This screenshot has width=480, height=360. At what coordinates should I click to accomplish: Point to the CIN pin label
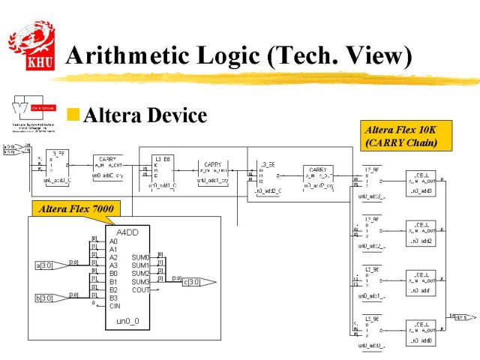point(114,305)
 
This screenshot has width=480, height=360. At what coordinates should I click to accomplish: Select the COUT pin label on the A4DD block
point(140,289)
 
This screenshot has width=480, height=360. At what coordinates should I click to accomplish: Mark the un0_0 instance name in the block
point(128,321)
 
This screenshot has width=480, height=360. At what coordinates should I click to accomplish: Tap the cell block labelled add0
point(421,333)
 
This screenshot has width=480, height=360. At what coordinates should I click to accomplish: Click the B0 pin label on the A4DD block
point(113,273)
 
